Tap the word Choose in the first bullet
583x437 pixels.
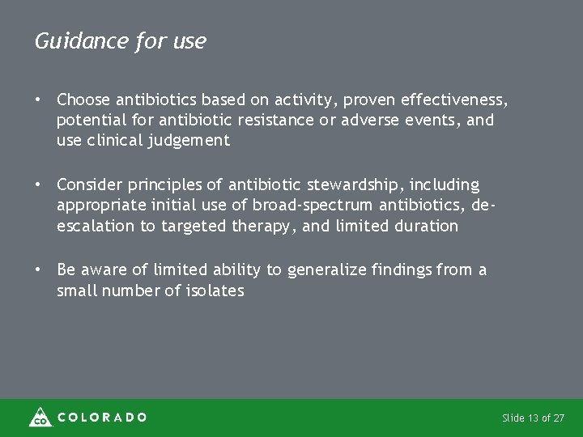pos(83,100)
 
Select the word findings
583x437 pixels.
pos(398,270)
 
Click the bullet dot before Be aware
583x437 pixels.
pos(38,269)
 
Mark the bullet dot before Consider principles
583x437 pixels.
pos(38,185)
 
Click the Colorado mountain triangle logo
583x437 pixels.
pos(40,417)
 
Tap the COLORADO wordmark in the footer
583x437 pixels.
pos(103,418)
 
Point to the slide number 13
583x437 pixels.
pos(533,418)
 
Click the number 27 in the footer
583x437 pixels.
pos(560,418)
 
